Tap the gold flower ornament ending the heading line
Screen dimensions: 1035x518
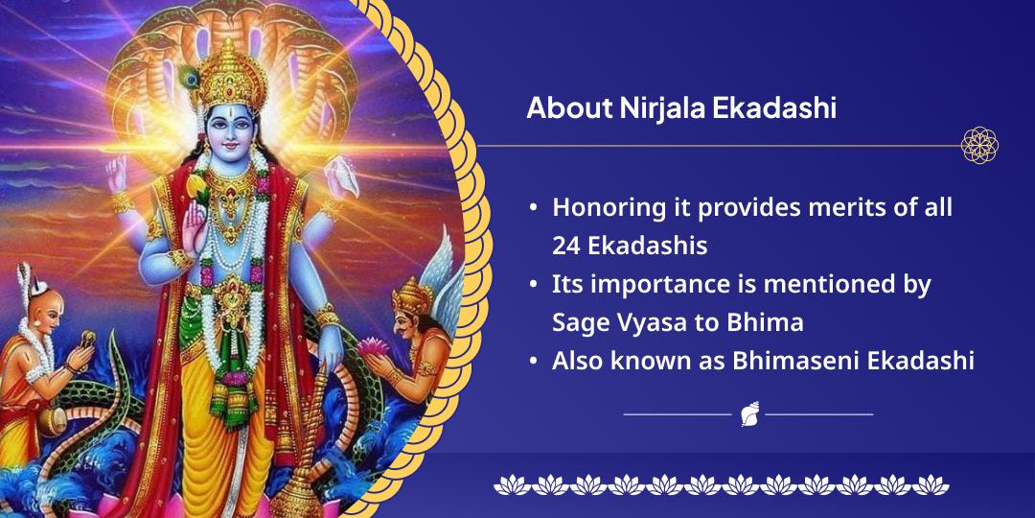(x=979, y=146)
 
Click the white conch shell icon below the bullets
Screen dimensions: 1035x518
(x=749, y=413)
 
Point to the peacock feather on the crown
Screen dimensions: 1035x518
(x=190, y=78)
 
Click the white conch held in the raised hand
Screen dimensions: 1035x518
(x=342, y=176)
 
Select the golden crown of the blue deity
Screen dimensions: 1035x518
(x=228, y=76)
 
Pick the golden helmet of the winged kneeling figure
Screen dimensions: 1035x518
(x=411, y=296)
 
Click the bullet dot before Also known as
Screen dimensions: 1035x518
(x=533, y=362)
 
